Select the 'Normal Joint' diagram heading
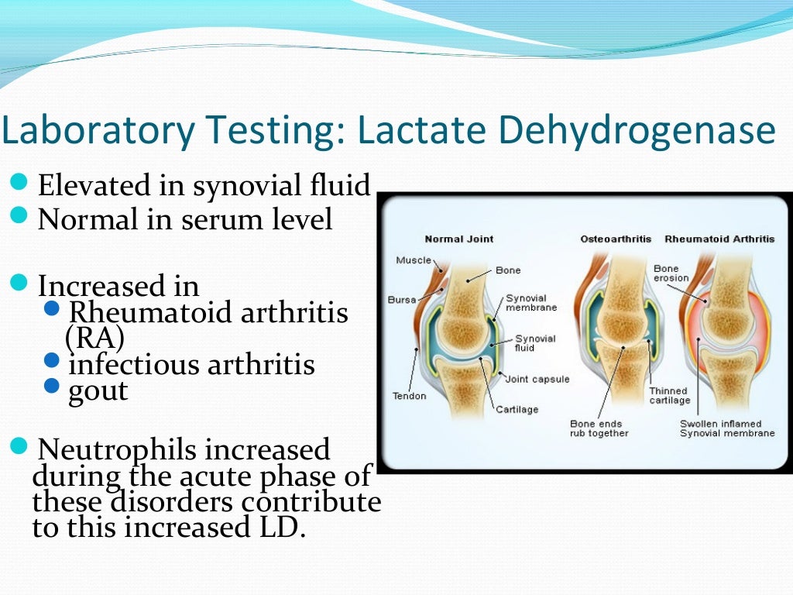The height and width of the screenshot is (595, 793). tap(459, 239)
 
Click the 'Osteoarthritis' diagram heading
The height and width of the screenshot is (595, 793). tap(616, 239)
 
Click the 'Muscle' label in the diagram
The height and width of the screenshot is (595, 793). tap(414, 260)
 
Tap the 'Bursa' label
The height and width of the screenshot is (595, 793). tap(400, 299)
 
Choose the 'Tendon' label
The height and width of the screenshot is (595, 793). tap(410, 396)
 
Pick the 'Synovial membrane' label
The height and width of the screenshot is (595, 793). tap(531, 303)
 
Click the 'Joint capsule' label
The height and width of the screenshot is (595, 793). tap(537, 379)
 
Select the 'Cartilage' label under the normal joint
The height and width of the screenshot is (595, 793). tap(517, 409)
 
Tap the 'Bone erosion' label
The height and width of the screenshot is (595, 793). tap(671, 273)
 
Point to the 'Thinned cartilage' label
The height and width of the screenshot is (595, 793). tap(669, 395)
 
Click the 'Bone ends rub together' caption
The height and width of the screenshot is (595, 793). tap(601, 428)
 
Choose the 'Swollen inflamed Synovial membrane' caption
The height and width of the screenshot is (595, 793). tap(726, 428)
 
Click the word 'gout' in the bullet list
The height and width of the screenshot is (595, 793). tap(98, 390)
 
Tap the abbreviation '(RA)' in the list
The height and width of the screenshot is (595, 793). tap(94, 338)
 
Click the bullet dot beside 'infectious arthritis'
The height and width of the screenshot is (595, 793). tap(53, 359)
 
